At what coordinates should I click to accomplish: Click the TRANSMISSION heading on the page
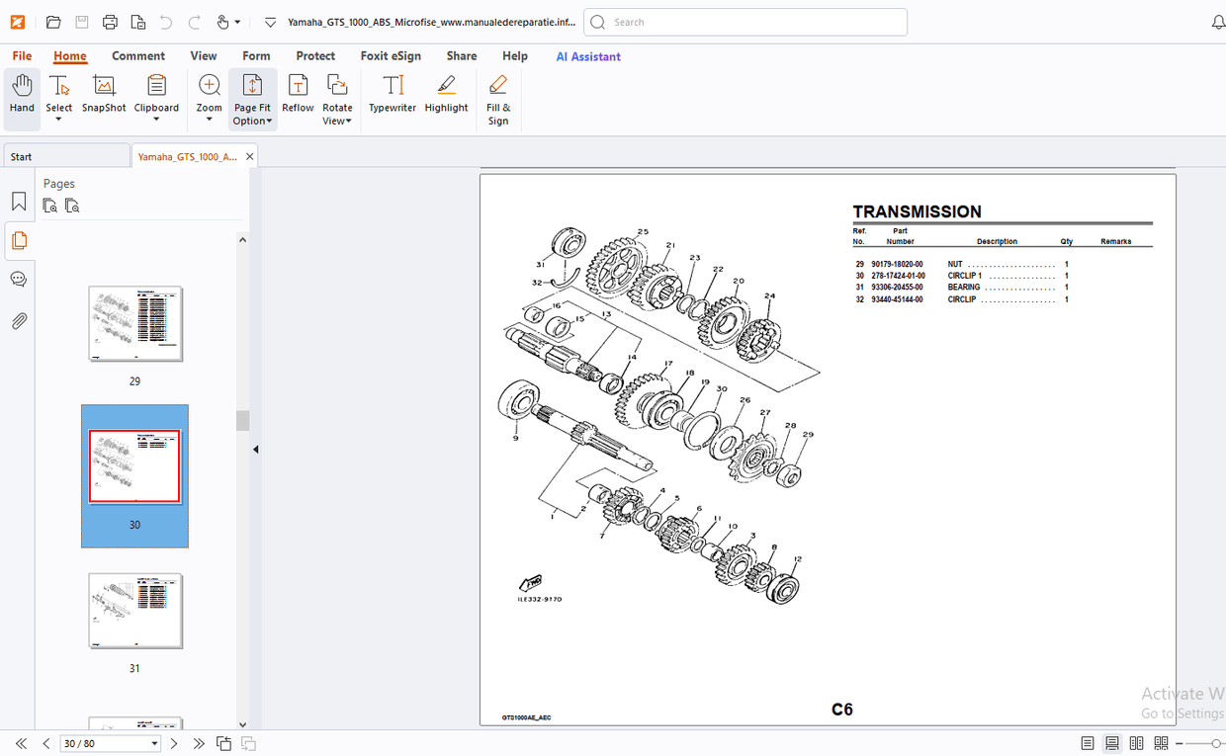pos(917,211)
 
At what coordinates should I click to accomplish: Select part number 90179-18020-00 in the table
pos(897,265)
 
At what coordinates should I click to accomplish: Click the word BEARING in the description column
pos(964,288)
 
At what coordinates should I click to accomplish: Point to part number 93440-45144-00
pos(897,299)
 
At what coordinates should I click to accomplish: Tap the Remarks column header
pos(1115,241)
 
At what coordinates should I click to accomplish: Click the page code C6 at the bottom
pos(841,710)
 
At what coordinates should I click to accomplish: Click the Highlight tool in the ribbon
pos(446,95)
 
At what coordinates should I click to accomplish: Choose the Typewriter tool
pos(393,95)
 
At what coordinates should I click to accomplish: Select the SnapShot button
pos(104,95)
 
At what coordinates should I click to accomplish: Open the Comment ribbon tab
pos(138,56)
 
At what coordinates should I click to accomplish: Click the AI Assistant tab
pos(588,56)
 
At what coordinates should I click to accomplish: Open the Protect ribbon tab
pos(315,56)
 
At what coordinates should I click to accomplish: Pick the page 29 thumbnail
pos(135,324)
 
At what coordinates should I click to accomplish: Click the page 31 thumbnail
pos(135,611)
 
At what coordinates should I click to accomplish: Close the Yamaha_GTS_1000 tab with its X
pos(250,156)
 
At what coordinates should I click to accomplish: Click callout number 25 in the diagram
pos(643,232)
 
